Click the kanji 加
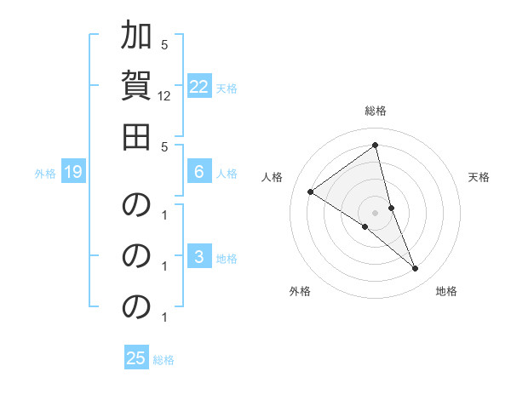click(x=136, y=37)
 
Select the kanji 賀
click(x=136, y=86)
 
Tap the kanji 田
click(x=136, y=136)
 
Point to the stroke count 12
click(x=164, y=96)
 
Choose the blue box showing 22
click(x=199, y=87)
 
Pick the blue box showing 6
click(x=199, y=172)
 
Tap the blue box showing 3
click(x=199, y=257)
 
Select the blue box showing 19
click(x=73, y=173)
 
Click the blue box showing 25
click(x=136, y=358)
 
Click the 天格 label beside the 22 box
click(x=227, y=88)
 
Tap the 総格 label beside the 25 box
click(x=164, y=359)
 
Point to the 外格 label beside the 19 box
click(x=45, y=174)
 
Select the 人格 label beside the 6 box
click(x=227, y=173)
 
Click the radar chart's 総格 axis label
click(x=376, y=111)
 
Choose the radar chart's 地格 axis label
click(x=446, y=292)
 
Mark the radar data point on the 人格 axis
click(x=310, y=192)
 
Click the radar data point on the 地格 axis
click(x=416, y=269)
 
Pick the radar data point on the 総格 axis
click(x=376, y=145)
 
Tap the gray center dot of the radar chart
click(x=376, y=212)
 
